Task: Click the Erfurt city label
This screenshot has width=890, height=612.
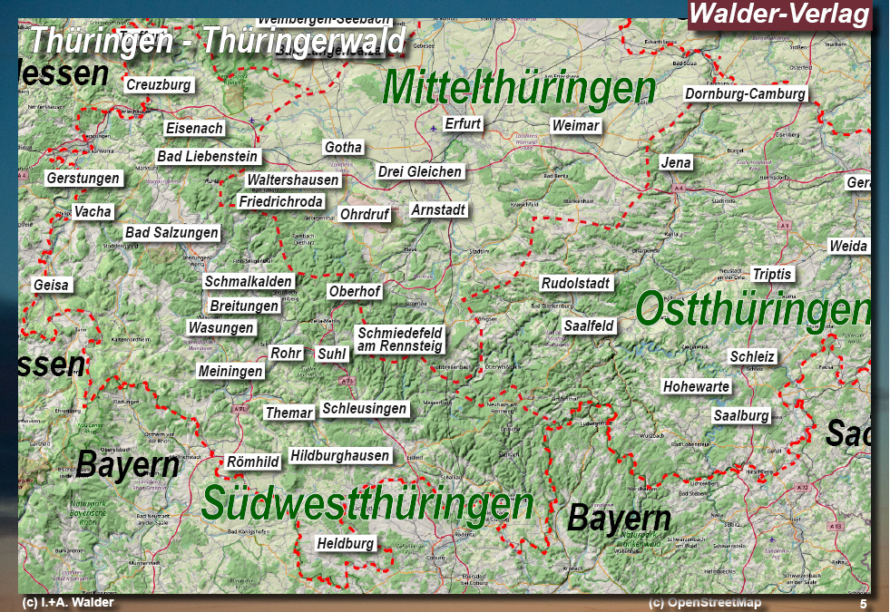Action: [x=463, y=124]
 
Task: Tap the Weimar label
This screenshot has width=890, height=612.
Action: [x=576, y=125]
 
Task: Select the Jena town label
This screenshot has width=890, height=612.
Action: [x=676, y=163]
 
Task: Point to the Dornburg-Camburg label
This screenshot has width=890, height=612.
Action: [x=745, y=94]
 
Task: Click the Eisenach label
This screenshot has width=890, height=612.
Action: [x=194, y=129]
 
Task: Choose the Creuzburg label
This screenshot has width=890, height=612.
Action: [x=159, y=84]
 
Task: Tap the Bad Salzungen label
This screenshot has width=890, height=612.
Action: [x=172, y=233]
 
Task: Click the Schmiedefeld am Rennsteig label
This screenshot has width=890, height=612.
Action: [x=400, y=339]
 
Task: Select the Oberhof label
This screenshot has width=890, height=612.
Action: [x=355, y=292]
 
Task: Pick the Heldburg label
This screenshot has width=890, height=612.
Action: [x=346, y=544]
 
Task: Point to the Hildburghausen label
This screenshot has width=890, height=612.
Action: [x=340, y=456]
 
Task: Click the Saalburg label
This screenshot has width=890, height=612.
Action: [x=741, y=416]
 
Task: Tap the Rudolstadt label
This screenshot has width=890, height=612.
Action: [x=576, y=284]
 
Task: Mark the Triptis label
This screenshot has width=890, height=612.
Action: [x=772, y=274]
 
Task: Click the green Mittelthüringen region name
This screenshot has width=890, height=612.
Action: [x=519, y=88]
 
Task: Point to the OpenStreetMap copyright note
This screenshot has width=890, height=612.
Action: [x=706, y=603]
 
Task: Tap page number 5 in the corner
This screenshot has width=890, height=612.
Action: [x=863, y=604]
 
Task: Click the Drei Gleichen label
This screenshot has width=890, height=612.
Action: [x=420, y=171]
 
